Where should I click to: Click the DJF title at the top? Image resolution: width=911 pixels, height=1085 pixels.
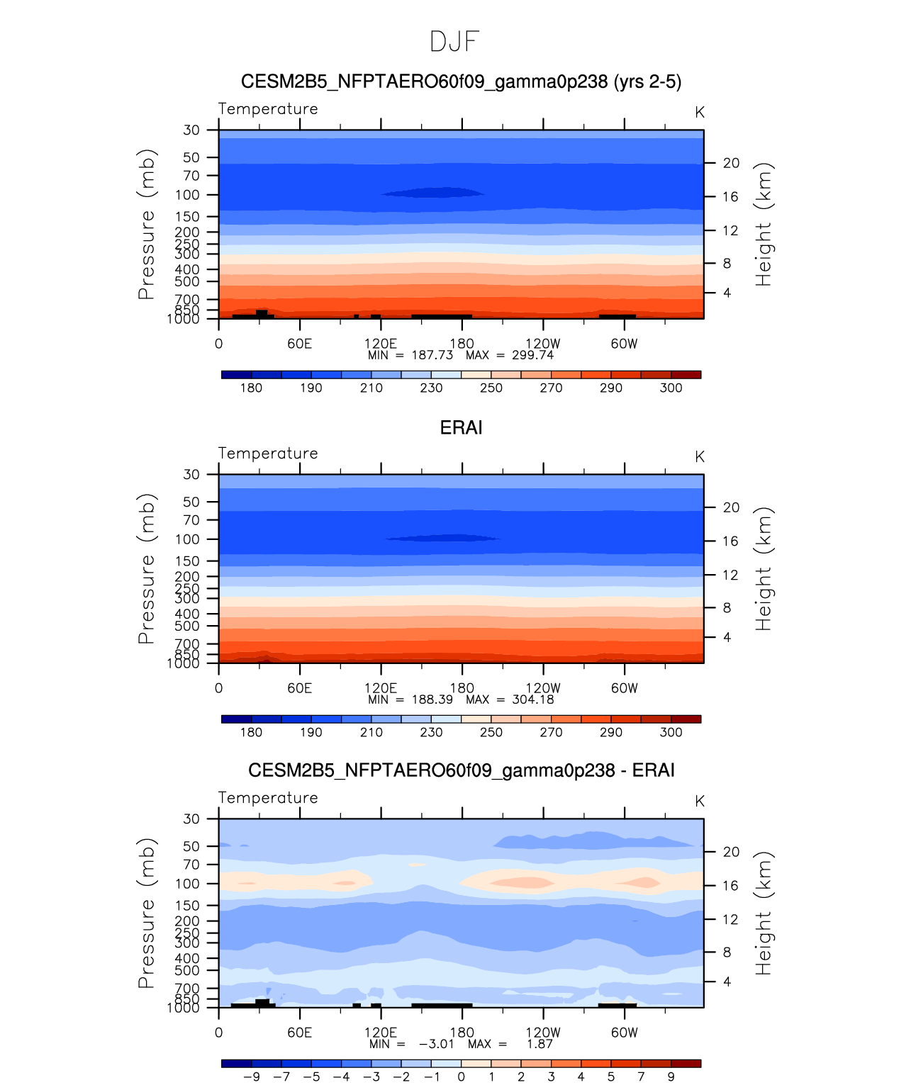click(x=454, y=42)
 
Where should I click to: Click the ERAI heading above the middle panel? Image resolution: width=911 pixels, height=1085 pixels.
click(x=461, y=427)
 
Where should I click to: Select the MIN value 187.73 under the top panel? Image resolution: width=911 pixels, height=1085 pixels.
click(x=432, y=355)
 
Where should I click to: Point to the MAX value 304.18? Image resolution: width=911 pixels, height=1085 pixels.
click(x=533, y=699)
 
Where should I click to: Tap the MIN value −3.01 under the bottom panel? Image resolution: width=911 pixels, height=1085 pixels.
click(x=436, y=1044)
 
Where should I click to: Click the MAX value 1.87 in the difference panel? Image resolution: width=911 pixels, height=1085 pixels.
click(x=540, y=1044)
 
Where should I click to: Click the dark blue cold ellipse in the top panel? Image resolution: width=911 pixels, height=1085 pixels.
click(x=432, y=193)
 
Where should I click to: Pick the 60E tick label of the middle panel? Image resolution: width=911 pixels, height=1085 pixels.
click(x=299, y=688)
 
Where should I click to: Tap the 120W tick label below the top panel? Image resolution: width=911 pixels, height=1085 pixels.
click(x=543, y=344)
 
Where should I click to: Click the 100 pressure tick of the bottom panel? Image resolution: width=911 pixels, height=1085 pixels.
click(x=187, y=884)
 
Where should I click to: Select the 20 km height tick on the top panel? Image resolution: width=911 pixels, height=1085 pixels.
click(x=731, y=163)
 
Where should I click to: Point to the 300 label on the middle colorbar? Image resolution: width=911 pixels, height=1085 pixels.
click(x=671, y=732)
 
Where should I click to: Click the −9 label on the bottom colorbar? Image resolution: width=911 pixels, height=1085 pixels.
click(x=252, y=1076)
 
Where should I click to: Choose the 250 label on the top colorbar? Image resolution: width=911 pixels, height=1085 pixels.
click(x=491, y=388)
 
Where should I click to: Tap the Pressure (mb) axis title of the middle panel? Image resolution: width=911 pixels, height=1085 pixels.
click(x=146, y=568)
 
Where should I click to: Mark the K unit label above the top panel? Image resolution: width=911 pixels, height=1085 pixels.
click(x=699, y=112)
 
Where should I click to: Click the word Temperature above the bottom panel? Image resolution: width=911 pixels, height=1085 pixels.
click(x=268, y=798)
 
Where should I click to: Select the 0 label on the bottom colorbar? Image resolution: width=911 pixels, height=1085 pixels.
click(x=461, y=1076)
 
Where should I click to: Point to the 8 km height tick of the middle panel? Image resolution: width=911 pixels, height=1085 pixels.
click(x=727, y=608)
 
